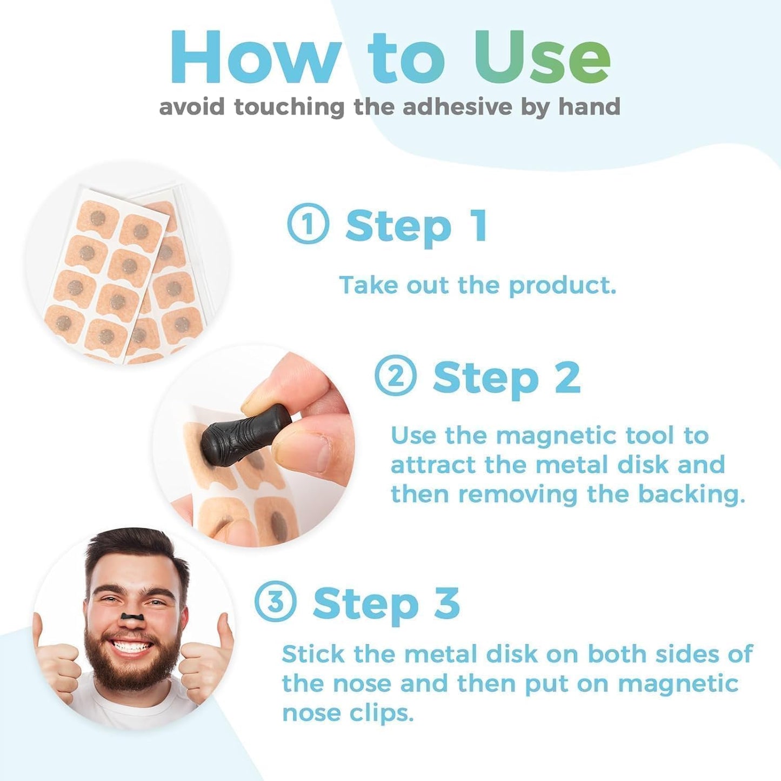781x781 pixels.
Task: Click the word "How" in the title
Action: tap(254, 58)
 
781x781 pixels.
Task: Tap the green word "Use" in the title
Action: tap(542, 58)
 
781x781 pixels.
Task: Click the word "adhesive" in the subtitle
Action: tap(457, 106)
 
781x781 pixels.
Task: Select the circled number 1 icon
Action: tap(308, 224)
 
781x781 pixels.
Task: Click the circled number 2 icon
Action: tap(396, 376)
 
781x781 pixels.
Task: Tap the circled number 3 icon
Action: tap(275, 601)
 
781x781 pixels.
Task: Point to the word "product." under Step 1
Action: tap(562, 285)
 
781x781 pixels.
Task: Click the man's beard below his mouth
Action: tap(132, 673)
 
